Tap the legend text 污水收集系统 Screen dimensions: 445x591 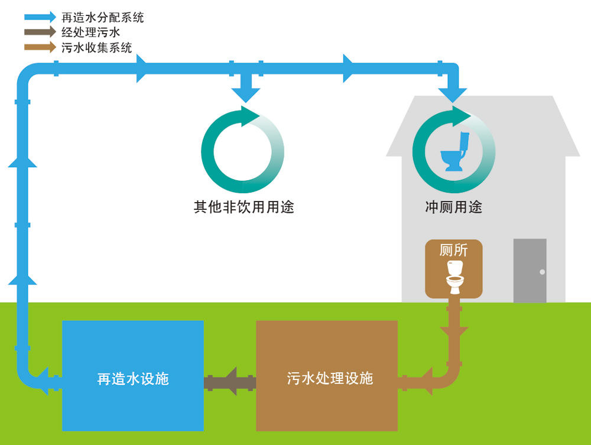pos(97,48)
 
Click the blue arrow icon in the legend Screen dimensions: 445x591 pos(40,17)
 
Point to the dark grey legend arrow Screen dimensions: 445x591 pos(40,33)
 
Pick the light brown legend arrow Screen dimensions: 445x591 pos(40,47)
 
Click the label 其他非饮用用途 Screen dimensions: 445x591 pos(243,207)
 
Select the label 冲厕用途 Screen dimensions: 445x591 pos(453,207)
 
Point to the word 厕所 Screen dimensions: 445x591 pos(454,250)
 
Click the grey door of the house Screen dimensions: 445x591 pos(530,270)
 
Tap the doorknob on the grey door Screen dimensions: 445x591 pos(542,272)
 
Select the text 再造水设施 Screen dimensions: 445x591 pos(133,379)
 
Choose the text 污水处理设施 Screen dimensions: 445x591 pos(330,378)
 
